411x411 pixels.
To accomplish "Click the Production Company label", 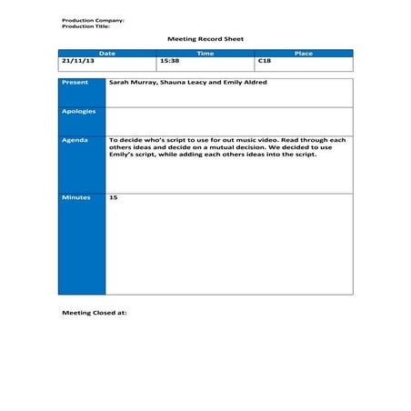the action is (x=93, y=20).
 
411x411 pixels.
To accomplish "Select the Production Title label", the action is (x=85, y=25).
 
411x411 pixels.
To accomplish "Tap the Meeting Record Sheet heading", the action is (x=205, y=39).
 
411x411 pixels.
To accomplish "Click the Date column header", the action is (x=107, y=54).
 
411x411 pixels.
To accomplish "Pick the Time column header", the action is (x=205, y=54).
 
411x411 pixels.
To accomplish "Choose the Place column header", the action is (x=304, y=54).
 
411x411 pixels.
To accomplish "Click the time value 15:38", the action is (x=169, y=61).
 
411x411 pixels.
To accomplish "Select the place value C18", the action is (x=265, y=61).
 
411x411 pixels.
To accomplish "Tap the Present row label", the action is (x=75, y=83).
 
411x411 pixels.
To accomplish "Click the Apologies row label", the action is (x=78, y=111).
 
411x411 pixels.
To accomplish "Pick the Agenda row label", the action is (x=75, y=140).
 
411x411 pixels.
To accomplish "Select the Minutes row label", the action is (x=76, y=197).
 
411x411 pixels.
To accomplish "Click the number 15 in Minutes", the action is (x=113, y=197).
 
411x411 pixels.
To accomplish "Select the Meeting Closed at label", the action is (x=94, y=311).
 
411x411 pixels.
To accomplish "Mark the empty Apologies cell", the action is (x=228, y=119).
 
